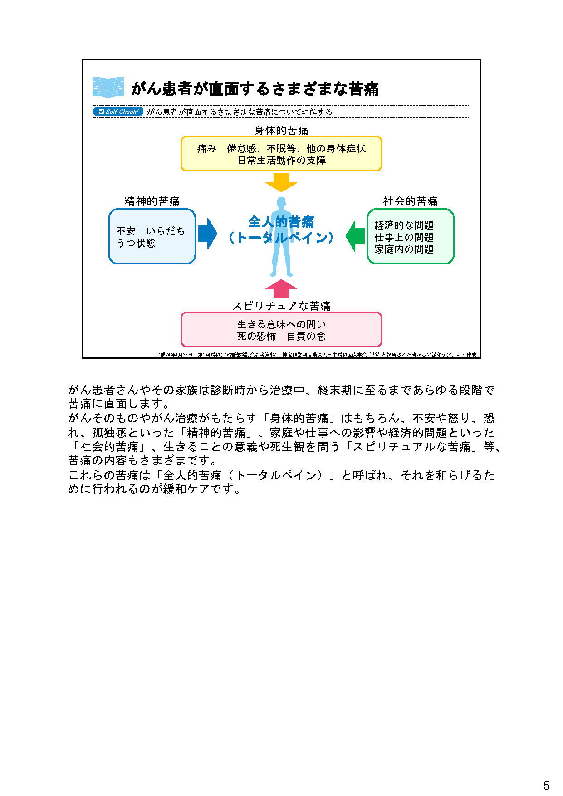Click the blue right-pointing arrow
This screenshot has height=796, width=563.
coord(208,234)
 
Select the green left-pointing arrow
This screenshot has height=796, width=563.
coord(355,236)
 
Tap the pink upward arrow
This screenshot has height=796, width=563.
coord(281,289)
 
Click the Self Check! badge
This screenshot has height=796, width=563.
coord(118,112)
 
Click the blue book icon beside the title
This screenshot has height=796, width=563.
coord(108,87)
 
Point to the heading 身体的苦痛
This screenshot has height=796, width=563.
coord(281,131)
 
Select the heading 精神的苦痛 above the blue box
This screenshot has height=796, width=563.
coord(152,201)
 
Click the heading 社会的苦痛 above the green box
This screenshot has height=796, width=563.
coord(410,201)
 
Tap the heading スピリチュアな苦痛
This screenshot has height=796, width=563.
coord(281,306)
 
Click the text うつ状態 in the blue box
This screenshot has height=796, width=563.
coord(136,244)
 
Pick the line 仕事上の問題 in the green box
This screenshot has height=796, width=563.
coord(404,237)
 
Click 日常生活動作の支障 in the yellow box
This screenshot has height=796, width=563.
coord(281,161)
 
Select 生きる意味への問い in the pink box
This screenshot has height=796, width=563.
coord(281,324)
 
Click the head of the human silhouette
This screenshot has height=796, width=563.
coord(281,202)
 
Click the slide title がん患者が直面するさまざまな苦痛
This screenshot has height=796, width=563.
coord(255,88)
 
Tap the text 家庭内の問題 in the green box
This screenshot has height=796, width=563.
coord(404,249)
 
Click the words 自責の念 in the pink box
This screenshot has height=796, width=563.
coord(306,337)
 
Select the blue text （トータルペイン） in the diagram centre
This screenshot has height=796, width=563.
coord(281,238)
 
